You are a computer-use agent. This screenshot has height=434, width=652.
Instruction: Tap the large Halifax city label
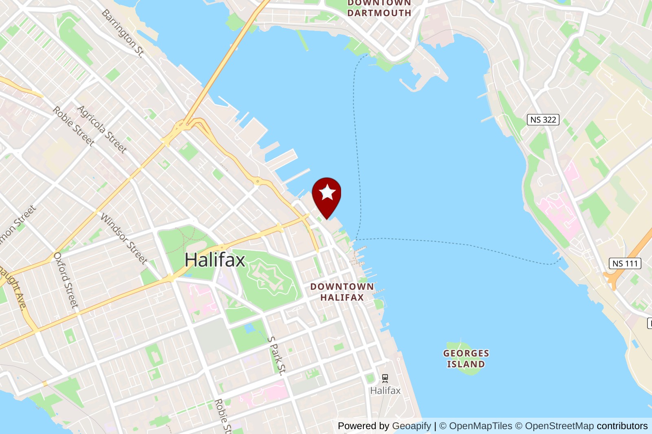[215, 260]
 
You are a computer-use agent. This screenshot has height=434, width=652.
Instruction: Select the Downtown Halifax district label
[342, 292]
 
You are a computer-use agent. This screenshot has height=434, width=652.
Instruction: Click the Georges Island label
[466, 359]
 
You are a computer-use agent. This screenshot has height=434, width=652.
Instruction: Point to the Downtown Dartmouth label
[379, 8]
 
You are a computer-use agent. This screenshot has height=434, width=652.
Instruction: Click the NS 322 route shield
[543, 120]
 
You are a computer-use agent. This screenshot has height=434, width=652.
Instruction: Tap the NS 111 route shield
[625, 263]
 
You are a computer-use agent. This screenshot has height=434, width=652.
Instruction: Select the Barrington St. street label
[123, 33]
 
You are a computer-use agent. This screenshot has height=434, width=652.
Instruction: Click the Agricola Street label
[102, 129]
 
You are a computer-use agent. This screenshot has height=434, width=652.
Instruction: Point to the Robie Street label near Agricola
[73, 126]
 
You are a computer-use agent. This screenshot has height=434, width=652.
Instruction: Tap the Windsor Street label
[124, 239]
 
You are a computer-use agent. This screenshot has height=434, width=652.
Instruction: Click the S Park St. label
[277, 355]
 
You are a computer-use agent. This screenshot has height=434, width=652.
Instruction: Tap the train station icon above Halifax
[385, 378]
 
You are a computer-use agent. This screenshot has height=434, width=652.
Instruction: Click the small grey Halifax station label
[385, 391]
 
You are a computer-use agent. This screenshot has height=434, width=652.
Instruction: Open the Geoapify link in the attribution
[411, 426]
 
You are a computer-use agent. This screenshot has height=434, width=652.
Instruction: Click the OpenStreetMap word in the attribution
[559, 426]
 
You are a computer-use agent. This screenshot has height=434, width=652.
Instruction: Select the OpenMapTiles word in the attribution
[480, 426]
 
